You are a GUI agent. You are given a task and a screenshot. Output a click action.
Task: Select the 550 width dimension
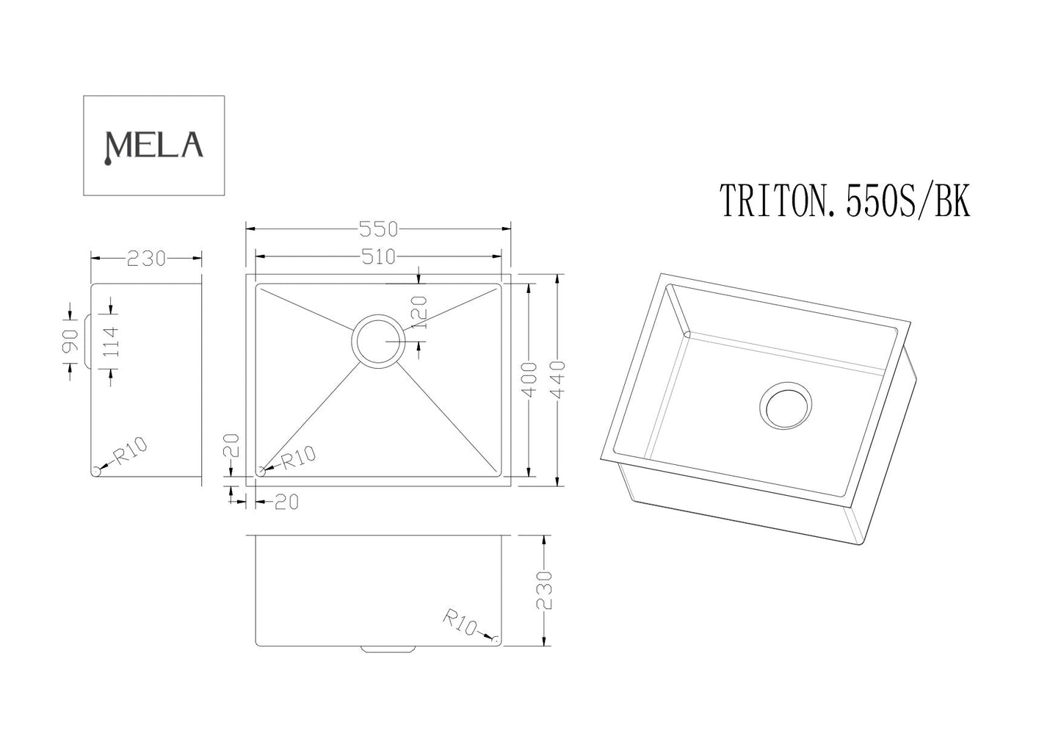tap(378, 229)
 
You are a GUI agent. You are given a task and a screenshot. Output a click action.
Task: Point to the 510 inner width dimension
tap(378, 256)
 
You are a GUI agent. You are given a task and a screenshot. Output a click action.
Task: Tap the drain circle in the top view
tap(378, 342)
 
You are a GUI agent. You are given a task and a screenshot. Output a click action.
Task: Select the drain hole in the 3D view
tap(786, 405)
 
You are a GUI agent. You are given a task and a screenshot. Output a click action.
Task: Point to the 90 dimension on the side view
tap(69, 342)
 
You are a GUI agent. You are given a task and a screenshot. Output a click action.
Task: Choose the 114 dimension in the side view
tap(111, 342)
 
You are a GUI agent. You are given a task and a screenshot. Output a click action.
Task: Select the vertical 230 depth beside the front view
tap(543, 590)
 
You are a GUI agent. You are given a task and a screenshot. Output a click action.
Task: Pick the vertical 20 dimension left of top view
tap(233, 446)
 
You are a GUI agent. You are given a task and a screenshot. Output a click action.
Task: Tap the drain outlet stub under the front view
tap(388, 649)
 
